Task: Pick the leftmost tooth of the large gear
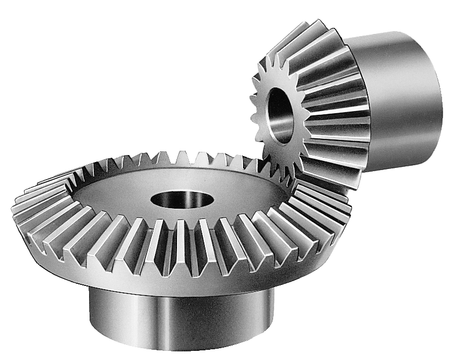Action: (x=21, y=209)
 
